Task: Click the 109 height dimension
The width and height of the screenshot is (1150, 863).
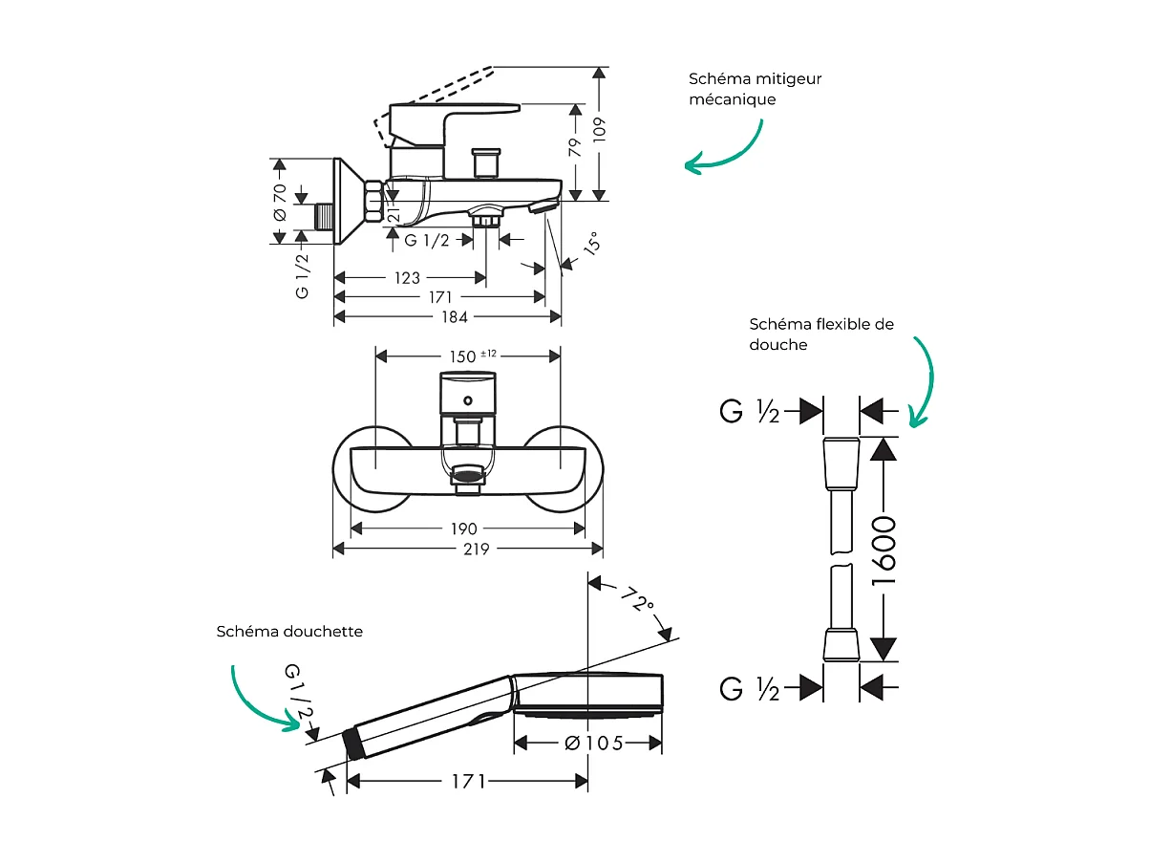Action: pos(599,129)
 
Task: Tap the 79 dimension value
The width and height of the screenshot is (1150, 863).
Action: pos(575,148)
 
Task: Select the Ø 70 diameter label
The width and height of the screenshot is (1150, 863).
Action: pos(279,203)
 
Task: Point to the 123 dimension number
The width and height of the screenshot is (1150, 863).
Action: pos(407,278)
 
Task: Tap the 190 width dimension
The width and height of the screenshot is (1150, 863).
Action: pos(465,529)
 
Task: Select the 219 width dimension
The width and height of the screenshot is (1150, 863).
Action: pos(475,549)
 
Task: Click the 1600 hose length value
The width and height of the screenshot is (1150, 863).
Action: pos(885,550)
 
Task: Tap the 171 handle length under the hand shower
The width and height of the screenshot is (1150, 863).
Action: pos(468,781)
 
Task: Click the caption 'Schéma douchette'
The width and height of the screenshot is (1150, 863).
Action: pos(289,632)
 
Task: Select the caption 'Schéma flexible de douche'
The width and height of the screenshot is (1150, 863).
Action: pos(821,334)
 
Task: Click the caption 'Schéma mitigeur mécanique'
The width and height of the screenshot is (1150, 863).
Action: pos(755,89)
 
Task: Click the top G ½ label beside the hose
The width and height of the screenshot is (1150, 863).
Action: pos(750,412)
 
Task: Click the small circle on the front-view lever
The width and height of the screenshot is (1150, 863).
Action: pos(467,399)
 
